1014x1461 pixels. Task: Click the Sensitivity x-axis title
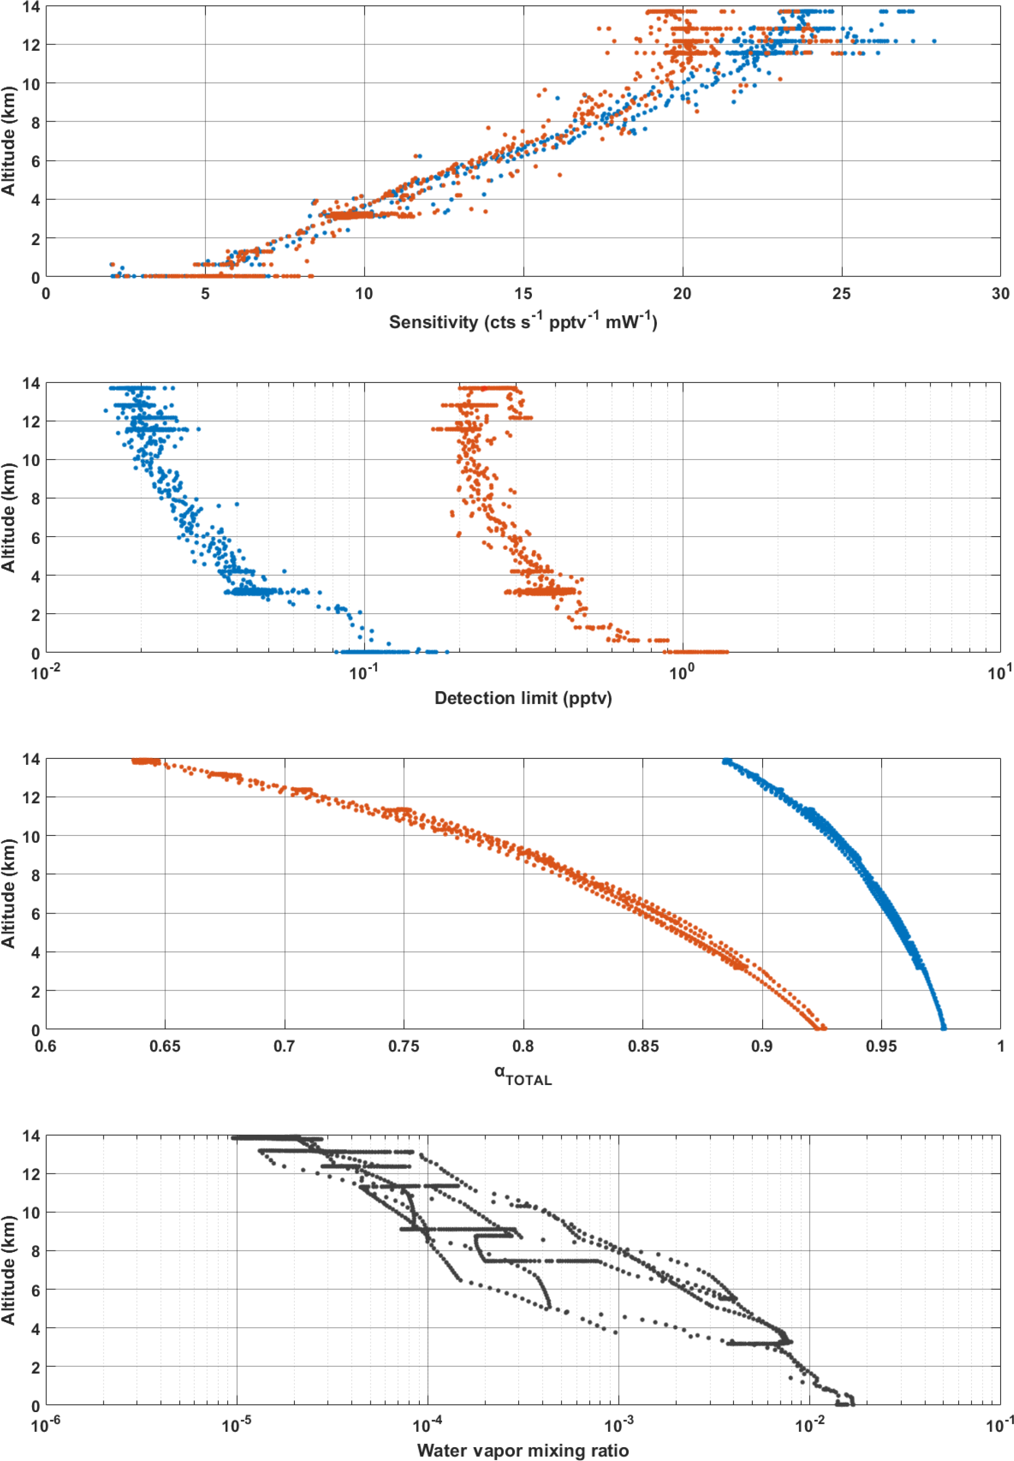point(523,322)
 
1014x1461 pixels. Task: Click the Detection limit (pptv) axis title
point(523,699)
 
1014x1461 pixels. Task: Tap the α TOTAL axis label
point(523,1075)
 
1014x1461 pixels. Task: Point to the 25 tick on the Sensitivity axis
point(841,293)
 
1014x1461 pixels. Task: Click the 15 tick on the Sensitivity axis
point(523,293)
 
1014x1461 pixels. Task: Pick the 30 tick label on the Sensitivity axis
point(1000,293)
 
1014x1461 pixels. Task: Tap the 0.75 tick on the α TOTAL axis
point(404,1046)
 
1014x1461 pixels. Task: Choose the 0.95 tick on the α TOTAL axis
point(881,1046)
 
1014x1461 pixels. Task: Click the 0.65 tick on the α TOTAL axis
point(164,1046)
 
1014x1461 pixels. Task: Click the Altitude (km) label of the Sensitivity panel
point(8,141)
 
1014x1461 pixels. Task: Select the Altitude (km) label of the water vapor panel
point(8,1270)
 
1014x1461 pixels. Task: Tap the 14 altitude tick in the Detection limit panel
point(31,383)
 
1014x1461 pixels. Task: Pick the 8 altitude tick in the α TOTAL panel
point(31,875)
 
